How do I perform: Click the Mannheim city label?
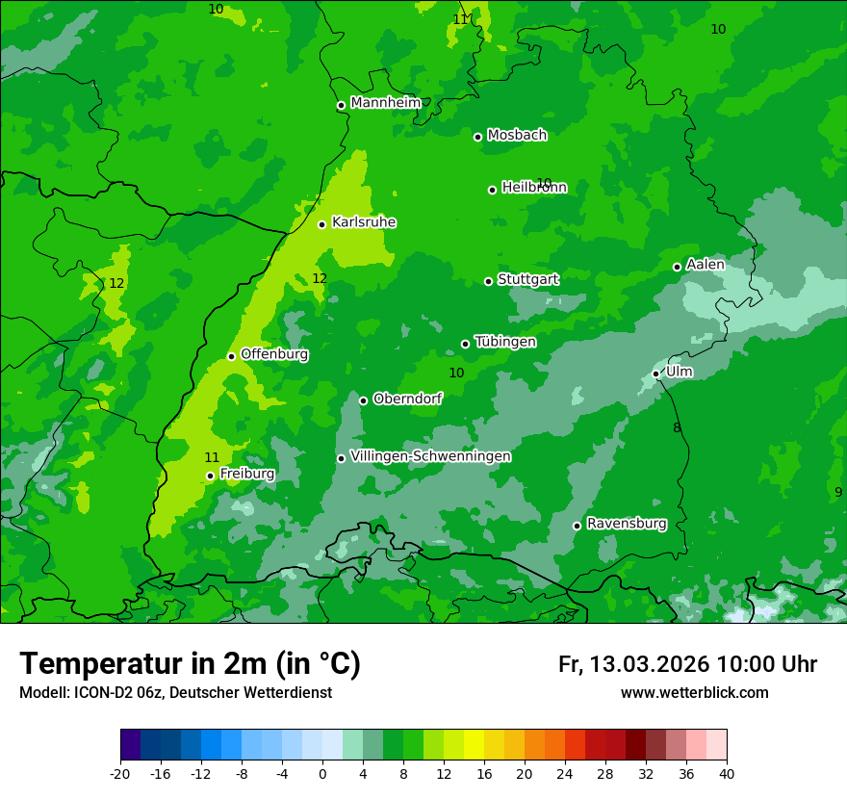point(386,103)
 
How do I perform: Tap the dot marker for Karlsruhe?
point(321,224)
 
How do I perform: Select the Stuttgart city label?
point(527,279)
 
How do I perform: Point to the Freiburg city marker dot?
point(210,476)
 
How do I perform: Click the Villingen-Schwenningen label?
point(430,456)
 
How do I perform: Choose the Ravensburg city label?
point(627,524)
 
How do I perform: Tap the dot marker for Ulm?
point(655,374)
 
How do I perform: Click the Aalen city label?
point(706,265)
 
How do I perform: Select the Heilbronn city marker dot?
point(492,190)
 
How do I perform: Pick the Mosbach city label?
point(517,136)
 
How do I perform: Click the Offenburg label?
point(274,354)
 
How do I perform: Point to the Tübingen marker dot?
point(465,344)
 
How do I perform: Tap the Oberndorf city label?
point(407,399)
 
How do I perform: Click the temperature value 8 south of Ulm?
point(677,427)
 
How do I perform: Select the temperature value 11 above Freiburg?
point(212,457)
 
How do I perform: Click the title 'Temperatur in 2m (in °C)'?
point(190,664)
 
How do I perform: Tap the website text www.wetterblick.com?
point(694,693)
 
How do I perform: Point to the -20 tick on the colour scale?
point(120,773)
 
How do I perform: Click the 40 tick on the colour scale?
point(727,773)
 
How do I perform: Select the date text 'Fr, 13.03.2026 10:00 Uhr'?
point(687,664)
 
